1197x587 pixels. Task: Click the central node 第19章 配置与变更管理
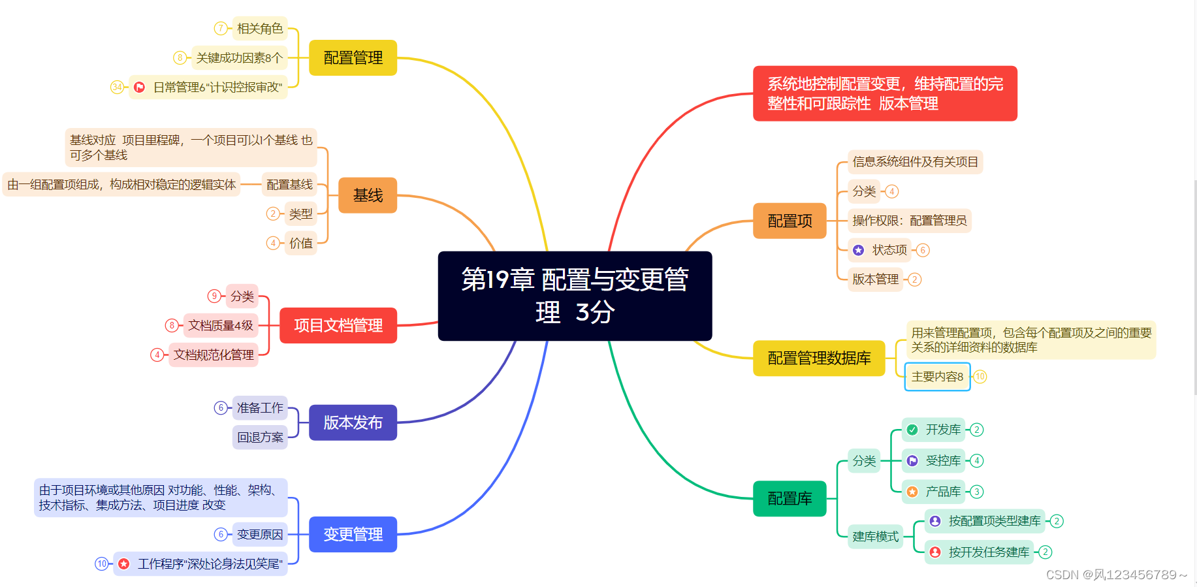click(x=575, y=296)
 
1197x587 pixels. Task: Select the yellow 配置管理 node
click(x=353, y=57)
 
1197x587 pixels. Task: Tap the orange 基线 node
click(x=368, y=195)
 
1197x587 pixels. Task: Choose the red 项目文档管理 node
click(x=338, y=325)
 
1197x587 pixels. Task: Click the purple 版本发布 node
click(x=353, y=422)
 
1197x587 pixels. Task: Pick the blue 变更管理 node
click(x=353, y=534)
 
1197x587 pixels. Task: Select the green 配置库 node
click(x=790, y=498)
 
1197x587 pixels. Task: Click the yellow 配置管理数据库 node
click(x=819, y=358)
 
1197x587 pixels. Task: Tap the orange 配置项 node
click(x=790, y=221)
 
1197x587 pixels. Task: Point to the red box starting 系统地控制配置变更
click(x=885, y=93)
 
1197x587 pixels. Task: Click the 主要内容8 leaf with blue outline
click(x=937, y=377)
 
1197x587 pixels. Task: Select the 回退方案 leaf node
click(x=260, y=437)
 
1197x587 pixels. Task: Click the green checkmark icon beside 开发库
click(x=912, y=430)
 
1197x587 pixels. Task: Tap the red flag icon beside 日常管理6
click(x=139, y=87)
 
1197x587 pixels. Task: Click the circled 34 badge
click(x=117, y=87)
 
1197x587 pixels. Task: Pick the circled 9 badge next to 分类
click(x=214, y=296)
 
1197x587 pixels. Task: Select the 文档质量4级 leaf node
click(x=221, y=325)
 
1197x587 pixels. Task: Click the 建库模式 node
click(x=875, y=536)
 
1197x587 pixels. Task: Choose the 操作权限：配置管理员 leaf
click(x=909, y=221)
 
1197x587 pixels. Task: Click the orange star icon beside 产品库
click(x=912, y=492)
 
